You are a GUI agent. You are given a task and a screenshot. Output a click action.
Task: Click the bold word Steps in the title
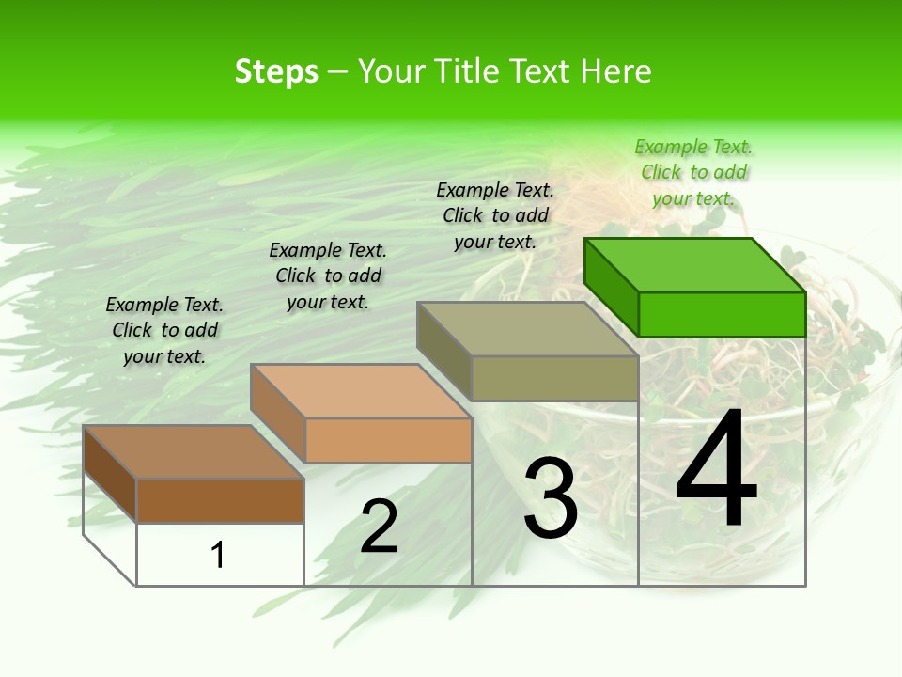pyautogui.click(x=276, y=71)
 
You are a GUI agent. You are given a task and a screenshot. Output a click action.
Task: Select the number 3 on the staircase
pyautogui.click(x=551, y=497)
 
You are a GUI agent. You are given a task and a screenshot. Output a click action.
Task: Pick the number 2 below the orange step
pyautogui.click(x=379, y=527)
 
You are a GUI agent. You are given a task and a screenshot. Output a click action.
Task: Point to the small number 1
pyautogui.click(x=218, y=555)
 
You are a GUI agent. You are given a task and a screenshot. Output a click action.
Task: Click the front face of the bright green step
pyautogui.click(x=722, y=314)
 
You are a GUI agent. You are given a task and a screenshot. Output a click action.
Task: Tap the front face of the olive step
pyautogui.click(x=554, y=379)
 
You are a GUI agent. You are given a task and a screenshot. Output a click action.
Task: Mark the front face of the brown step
pyautogui.click(x=220, y=500)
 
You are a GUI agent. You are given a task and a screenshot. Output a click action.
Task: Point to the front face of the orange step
pyautogui.click(x=388, y=440)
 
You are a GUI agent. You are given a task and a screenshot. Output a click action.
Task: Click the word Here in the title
pyautogui.click(x=616, y=71)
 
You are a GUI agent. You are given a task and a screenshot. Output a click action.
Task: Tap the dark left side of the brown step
pyautogui.click(x=110, y=472)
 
